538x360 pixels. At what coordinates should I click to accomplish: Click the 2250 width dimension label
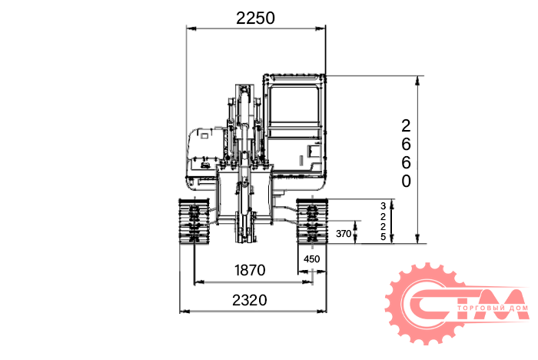(x=255, y=18)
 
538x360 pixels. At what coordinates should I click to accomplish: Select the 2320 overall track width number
(x=250, y=300)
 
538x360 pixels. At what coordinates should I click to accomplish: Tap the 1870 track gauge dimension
(x=250, y=270)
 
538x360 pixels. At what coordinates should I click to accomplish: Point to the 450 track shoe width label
(x=311, y=259)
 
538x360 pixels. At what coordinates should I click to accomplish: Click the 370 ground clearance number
(x=344, y=234)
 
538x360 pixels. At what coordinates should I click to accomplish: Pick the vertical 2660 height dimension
(x=406, y=154)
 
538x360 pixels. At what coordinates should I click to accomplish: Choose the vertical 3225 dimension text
(x=383, y=222)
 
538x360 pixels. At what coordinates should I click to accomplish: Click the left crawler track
(x=194, y=222)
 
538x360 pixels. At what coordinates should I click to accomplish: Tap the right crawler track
(x=312, y=221)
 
